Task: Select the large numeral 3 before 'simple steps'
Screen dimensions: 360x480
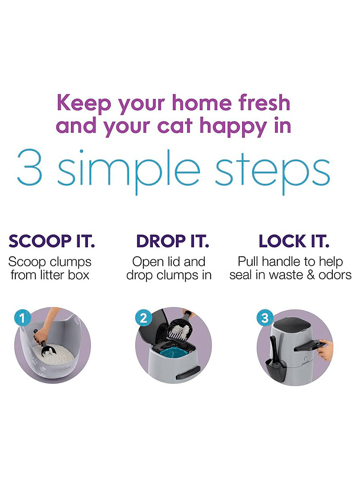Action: [x=29, y=167]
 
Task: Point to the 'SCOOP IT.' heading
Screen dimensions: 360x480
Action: [x=51, y=241]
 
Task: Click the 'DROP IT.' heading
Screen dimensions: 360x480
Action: [x=173, y=241]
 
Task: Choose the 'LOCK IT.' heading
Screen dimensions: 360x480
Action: [x=294, y=241]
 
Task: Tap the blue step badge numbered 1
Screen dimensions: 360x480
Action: [x=22, y=318]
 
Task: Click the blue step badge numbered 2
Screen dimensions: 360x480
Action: [x=143, y=318]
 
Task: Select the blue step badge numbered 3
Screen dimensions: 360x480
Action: [x=264, y=318]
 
